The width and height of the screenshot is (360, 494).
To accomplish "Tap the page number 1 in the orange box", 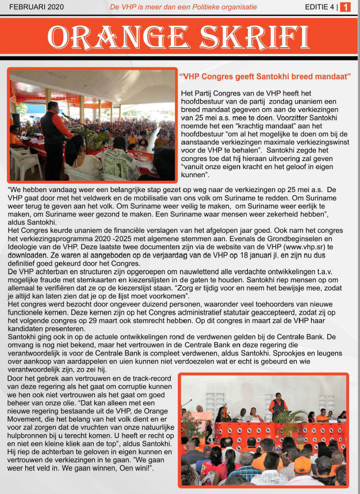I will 346,7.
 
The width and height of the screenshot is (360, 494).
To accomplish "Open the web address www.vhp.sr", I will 306,247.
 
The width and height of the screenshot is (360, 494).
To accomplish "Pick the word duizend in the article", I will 158,298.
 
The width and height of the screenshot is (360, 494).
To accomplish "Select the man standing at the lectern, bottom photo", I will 278,405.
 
